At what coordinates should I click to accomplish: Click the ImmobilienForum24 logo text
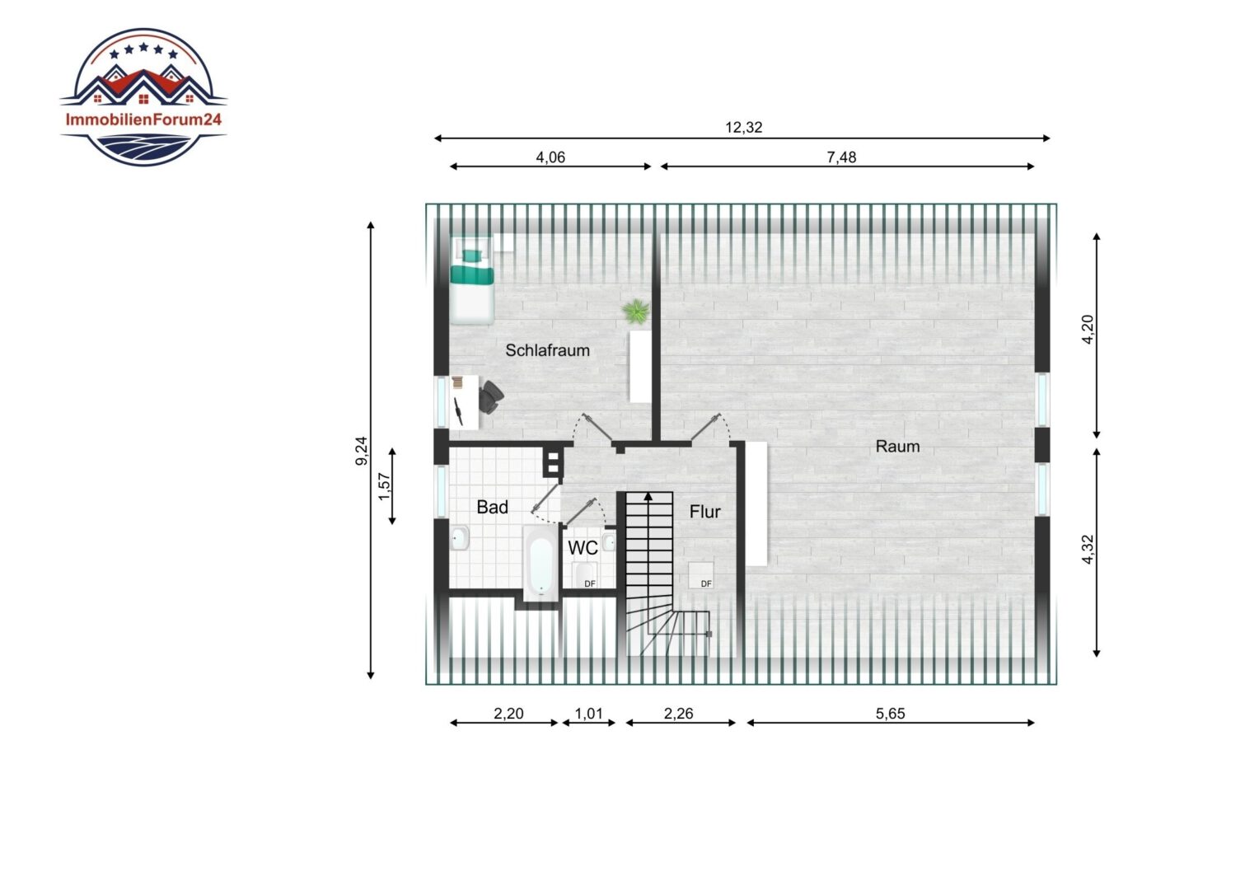pos(143,119)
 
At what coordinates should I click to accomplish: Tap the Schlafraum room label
pos(547,350)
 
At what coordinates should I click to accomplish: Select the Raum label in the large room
pos(897,447)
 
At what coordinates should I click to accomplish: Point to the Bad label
pos(492,507)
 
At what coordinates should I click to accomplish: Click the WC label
pos(583,548)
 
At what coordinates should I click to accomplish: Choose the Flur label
pos(704,512)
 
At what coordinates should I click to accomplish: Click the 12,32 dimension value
pos(743,128)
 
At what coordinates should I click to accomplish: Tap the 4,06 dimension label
pos(550,157)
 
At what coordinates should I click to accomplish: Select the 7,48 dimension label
pos(840,157)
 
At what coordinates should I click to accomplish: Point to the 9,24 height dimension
pos(362,451)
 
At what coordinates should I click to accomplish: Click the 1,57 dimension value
pos(384,486)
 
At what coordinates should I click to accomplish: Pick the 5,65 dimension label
pos(890,714)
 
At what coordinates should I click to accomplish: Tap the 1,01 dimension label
pos(588,714)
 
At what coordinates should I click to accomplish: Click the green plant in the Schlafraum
pos(636,311)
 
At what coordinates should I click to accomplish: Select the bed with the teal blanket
pos(472,280)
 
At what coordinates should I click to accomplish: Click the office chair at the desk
pos(491,397)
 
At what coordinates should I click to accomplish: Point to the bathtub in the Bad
pos(541,564)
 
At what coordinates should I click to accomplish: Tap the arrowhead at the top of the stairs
pos(648,496)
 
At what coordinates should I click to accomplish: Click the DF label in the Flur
pos(706,584)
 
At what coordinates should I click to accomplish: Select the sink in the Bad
pos(460,538)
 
